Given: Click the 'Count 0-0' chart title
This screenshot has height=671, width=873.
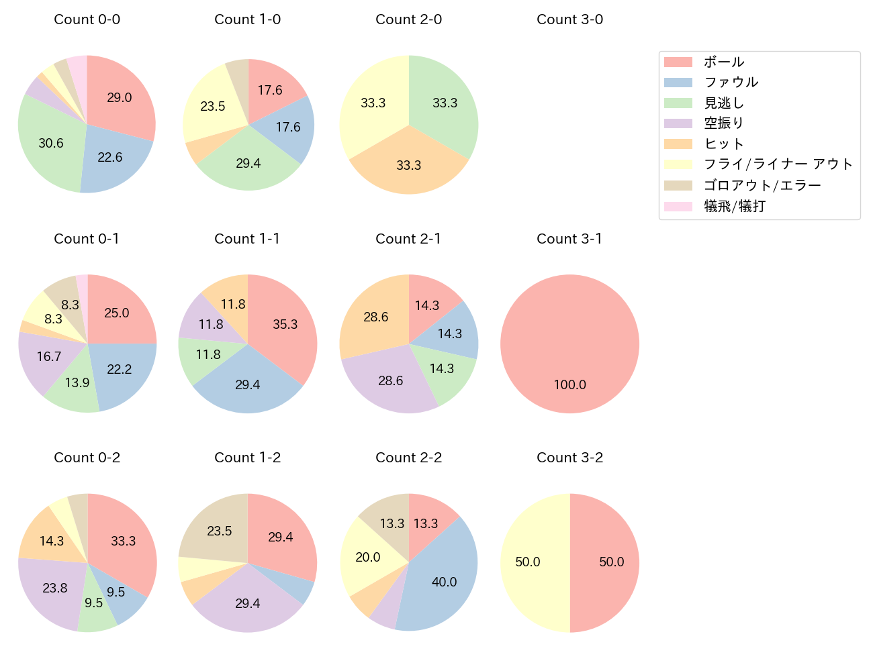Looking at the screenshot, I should (x=87, y=19).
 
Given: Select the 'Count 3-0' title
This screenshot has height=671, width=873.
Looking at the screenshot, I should (x=569, y=19).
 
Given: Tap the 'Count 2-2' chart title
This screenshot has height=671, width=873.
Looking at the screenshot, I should (x=408, y=458).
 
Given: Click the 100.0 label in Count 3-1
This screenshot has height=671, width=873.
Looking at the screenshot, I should (x=569, y=384).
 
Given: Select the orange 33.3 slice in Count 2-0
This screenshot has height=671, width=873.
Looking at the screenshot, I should (x=408, y=164).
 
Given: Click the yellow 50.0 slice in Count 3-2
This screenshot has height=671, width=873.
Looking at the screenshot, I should (x=531, y=562).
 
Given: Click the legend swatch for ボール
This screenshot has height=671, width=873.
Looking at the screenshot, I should (x=678, y=62).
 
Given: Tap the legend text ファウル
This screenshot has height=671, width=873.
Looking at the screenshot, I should (x=731, y=83).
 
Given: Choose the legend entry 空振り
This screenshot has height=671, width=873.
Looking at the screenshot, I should (x=723, y=123).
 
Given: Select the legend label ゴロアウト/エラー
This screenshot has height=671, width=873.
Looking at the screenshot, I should (x=762, y=185).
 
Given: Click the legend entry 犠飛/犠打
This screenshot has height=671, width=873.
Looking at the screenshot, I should (x=734, y=206).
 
